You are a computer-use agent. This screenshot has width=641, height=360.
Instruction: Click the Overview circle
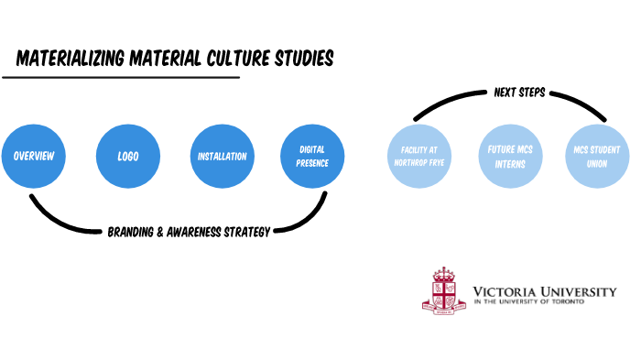(x=33, y=156)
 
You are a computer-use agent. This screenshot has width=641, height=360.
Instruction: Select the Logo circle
(x=127, y=156)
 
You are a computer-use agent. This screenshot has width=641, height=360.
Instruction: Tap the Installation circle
(x=222, y=156)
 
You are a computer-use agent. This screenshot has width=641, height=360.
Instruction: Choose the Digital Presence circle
(x=312, y=156)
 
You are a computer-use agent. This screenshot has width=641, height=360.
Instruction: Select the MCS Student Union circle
(x=598, y=156)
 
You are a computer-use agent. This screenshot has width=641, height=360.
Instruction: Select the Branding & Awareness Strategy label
(x=189, y=233)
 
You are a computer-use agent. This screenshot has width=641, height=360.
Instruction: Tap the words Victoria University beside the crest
(x=544, y=290)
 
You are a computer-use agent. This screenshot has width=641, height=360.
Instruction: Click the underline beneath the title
(x=120, y=77)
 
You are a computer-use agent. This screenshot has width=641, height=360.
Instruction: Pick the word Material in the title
(x=165, y=59)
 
